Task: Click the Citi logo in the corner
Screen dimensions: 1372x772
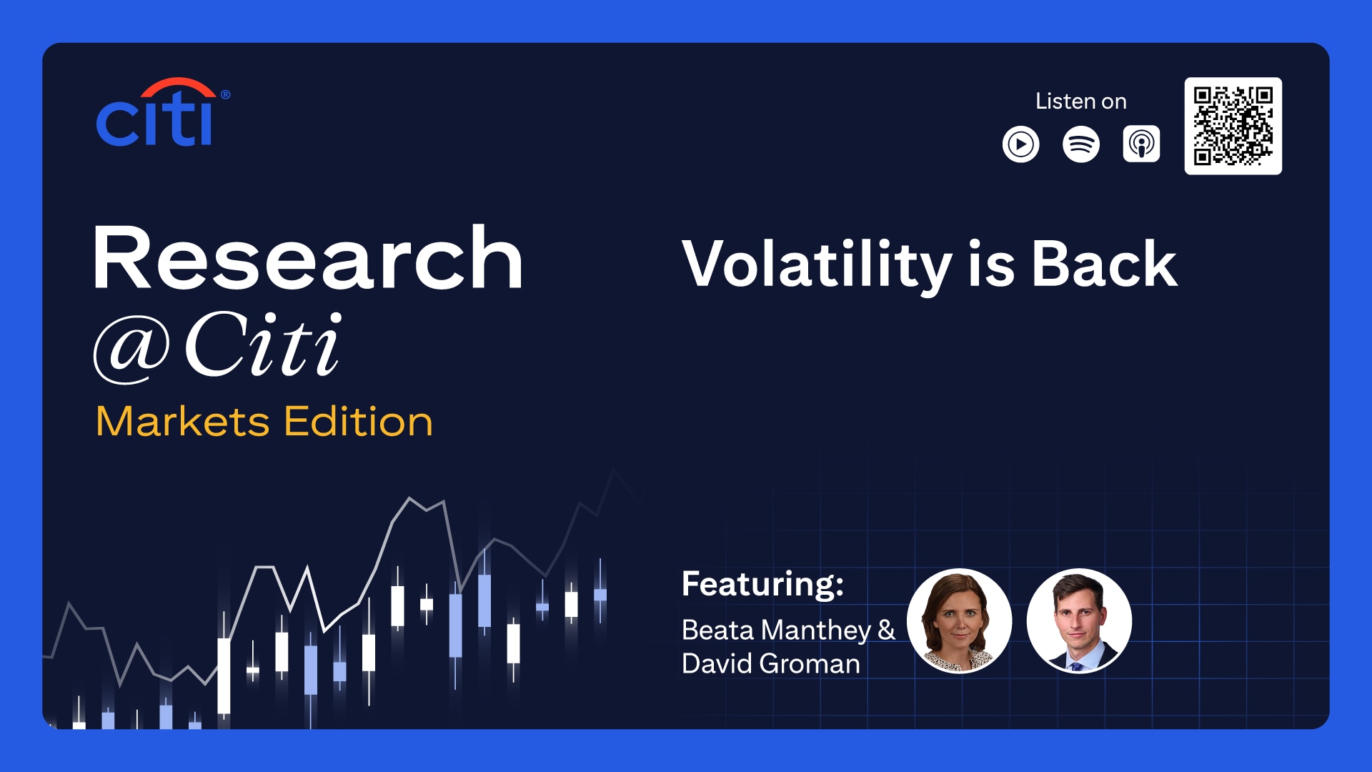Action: tap(163, 112)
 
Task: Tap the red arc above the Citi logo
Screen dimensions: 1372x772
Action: tap(178, 84)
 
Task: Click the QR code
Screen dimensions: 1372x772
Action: tap(1233, 126)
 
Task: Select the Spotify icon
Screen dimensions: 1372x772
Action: tap(1081, 144)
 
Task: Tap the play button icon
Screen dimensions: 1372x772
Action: tap(1021, 144)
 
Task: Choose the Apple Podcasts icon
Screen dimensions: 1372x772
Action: tap(1141, 144)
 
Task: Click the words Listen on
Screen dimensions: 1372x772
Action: tap(1081, 102)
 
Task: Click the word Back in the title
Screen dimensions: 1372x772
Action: tap(1105, 264)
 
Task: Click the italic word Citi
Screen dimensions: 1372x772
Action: tap(264, 345)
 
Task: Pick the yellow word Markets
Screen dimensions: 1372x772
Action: tap(183, 421)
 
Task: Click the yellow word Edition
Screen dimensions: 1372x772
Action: tap(359, 421)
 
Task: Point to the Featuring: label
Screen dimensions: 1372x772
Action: tap(763, 584)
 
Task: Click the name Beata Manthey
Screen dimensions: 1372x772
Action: tap(777, 631)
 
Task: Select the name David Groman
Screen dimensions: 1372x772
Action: tap(771, 664)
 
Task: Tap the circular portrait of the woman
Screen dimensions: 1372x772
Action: tap(960, 620)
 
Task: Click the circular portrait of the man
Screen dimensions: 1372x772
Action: tap(1079, 620)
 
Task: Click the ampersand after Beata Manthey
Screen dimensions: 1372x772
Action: tap(887, 630)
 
